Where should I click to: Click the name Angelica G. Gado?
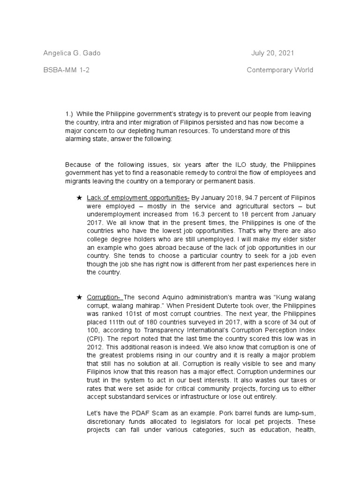point(72,53)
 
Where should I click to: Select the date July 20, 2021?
point(272,53)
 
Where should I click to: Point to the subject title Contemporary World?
point(280,70)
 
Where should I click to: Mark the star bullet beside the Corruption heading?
point(79,297)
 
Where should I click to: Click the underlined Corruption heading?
point(105,297)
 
